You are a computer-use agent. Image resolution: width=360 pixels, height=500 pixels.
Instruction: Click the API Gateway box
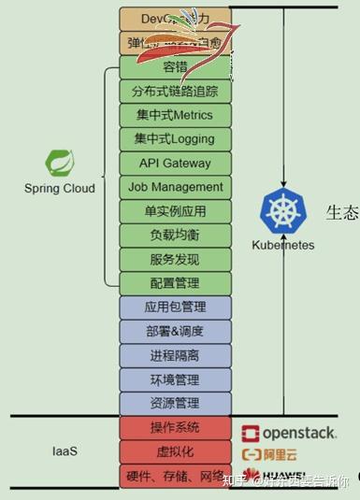click(175, 163)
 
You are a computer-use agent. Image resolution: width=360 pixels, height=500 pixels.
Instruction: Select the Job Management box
click(175, 187)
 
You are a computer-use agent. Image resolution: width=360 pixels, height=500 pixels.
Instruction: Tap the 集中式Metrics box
click(175, 115)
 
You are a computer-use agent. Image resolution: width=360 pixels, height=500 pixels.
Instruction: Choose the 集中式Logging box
click(175, 139)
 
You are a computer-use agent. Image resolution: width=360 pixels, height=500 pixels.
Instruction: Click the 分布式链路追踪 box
click(175, 91)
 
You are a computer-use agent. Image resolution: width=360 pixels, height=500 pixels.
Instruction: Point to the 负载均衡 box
click(175, 235)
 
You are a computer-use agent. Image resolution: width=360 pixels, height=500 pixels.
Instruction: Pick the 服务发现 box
click(175, 259)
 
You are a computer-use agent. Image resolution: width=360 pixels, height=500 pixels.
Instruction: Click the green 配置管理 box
click(175, 283)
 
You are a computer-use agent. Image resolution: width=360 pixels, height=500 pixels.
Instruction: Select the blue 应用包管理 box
click(175, 307)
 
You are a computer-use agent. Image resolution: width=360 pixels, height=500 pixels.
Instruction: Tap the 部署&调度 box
click(175, 331)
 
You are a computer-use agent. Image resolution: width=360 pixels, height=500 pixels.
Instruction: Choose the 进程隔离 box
click(175, 355)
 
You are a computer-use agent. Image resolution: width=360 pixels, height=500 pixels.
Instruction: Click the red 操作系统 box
click(175, 427)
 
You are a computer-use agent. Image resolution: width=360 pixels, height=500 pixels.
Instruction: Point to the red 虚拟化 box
click(175, 451)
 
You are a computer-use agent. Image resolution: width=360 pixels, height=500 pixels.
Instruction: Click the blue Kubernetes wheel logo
click(281, 210)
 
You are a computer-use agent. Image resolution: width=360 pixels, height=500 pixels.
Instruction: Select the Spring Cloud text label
click(59, 188)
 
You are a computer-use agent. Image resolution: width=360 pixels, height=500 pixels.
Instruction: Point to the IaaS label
click(64, 451)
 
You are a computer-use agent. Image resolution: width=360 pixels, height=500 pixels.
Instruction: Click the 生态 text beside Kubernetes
click(342, 212)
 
